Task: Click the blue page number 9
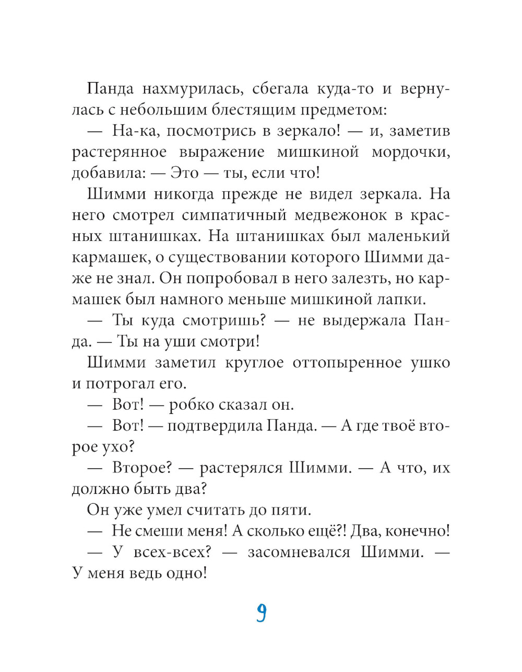tap(261, 613)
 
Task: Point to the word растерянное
tap(120, 152)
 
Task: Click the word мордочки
tap(411, 152)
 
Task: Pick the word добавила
tap(105, 173)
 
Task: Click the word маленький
tap(408, 236)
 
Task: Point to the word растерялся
tap(241, 468)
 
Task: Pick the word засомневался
tap(299, 552)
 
